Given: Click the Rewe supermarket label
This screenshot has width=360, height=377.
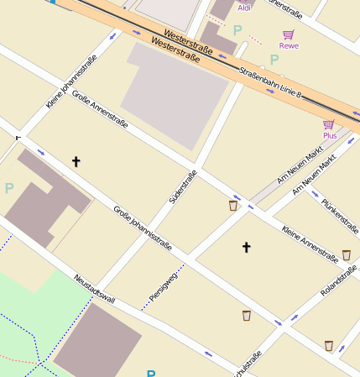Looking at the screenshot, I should point(289,46).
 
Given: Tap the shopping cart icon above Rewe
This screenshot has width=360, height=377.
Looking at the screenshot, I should point(289,34).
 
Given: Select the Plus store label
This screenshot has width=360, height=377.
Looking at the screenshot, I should point(329,135).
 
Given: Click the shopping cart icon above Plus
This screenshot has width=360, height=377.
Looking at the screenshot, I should point(329,124).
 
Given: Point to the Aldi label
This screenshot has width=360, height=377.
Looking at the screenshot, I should point(244,8).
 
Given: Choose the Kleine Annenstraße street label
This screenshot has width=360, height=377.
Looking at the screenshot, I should point(309,241).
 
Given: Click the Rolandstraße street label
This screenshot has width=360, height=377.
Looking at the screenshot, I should point(339,280).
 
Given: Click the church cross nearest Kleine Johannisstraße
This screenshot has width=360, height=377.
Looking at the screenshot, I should point(76,160).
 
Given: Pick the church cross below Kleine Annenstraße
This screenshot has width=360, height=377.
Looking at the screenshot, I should point(246,247).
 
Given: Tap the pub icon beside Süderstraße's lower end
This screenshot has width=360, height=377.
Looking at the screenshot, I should point(233,205).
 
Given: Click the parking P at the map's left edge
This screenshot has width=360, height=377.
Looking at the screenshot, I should point(9,188).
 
